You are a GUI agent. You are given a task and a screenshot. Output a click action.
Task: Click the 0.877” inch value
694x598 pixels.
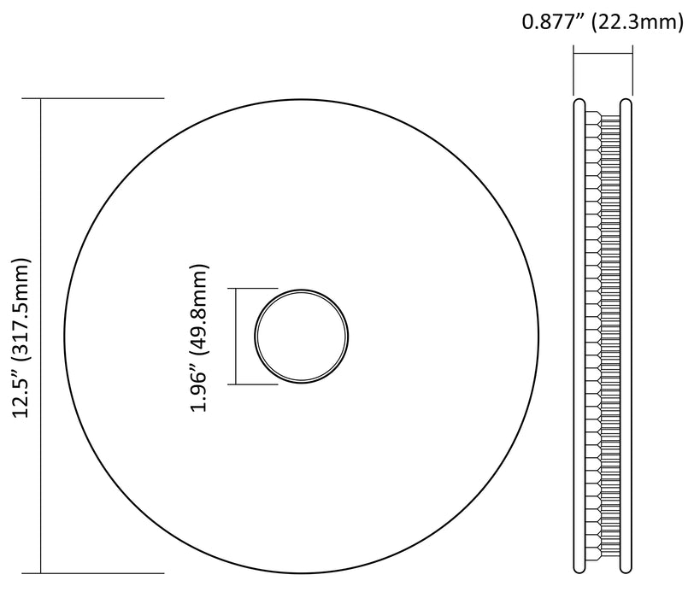point(555,21)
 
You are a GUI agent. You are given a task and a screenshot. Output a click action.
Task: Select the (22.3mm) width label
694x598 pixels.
point(638,21)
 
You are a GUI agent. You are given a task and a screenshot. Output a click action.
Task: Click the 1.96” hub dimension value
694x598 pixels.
point(199,390)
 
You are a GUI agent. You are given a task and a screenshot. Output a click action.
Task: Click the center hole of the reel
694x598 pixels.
point(302,336)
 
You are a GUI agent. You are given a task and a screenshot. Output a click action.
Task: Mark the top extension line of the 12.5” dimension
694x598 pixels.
point(93,98)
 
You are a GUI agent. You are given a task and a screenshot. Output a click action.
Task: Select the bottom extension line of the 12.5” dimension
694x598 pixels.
point(93,574)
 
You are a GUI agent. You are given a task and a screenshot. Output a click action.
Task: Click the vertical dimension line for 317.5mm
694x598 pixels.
point(41,336)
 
